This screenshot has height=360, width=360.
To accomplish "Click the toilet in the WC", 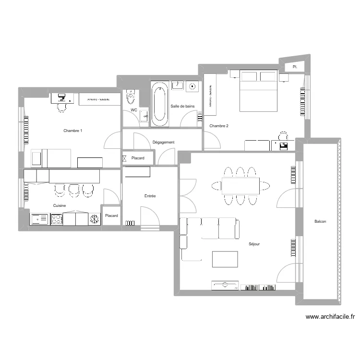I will tap(131, 98).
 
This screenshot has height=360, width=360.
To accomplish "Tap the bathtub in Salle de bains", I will tap(159, 104).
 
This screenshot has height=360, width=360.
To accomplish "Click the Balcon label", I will tap(320, 221).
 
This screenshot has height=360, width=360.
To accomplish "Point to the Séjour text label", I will tap(254, 244).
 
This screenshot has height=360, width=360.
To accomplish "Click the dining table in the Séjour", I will tap(240, 185).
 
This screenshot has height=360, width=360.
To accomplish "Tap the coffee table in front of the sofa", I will tap(225, 259).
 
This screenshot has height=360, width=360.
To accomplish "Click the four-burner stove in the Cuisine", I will tap(56, 219).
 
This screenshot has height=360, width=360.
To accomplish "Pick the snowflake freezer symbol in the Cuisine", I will tap(94, 219).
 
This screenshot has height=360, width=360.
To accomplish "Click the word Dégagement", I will tap(163, 142).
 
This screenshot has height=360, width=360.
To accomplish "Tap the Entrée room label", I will tap(150, 196).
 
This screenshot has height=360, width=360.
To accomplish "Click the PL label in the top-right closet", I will tap(295, 68).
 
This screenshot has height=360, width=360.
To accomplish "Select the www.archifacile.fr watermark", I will tap(331, 317).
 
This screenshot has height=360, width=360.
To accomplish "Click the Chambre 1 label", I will tap(73, 131).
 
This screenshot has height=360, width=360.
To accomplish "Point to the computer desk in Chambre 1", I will tap(62, 98).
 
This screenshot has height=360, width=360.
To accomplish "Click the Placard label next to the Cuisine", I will tap(112, 216).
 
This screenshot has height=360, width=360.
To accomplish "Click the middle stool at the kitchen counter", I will tap(73, 191).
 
